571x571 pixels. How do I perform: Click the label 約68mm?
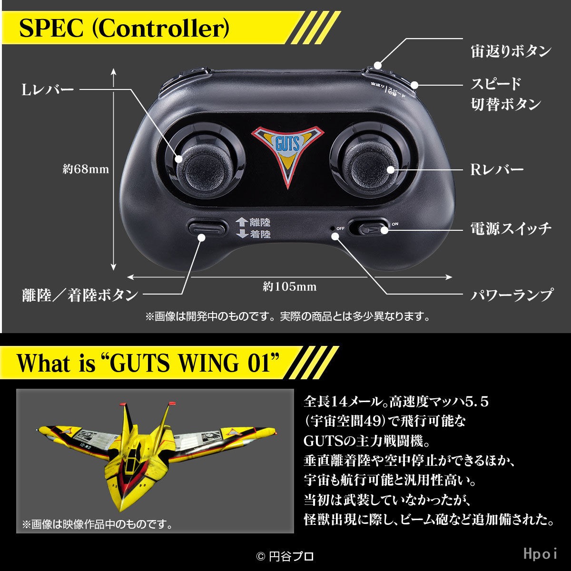point(86,169)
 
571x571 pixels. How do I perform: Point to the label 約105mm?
point(290,286)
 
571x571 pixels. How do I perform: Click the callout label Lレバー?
point(48,90)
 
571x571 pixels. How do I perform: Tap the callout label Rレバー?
point(497,170)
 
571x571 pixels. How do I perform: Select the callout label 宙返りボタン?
point(511,51)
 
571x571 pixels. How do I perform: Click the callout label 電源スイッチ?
point(511,229)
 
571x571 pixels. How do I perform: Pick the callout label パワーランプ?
point(512,295)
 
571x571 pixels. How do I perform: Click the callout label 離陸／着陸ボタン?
point(80,295)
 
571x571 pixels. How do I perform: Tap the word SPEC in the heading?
point(51,29)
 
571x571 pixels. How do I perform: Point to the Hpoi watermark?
point(540,553)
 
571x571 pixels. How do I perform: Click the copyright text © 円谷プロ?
point(285,556)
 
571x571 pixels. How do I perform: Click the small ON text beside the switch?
point(395,224)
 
